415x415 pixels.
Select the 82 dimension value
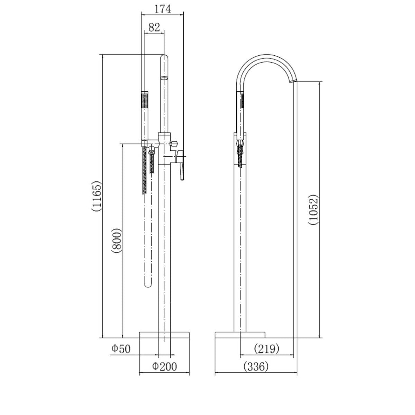coord(154,27)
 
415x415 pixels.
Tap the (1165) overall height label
coord(96,196)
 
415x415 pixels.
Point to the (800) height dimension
coord(117,241)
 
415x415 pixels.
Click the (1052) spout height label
coord(314,210)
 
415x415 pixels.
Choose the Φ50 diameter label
coord(121,349)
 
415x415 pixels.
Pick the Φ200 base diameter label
coord(164,366)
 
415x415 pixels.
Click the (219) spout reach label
coord(267,349)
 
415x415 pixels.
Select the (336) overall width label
coord(256,367)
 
